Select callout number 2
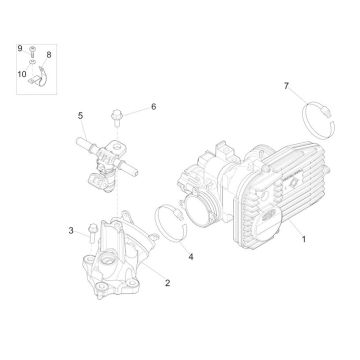point(167,282)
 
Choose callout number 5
point(81,116)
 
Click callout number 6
point(154,106)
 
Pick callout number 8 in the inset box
point(50,56)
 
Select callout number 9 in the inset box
point(19,48)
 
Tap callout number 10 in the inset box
point(20,73)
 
